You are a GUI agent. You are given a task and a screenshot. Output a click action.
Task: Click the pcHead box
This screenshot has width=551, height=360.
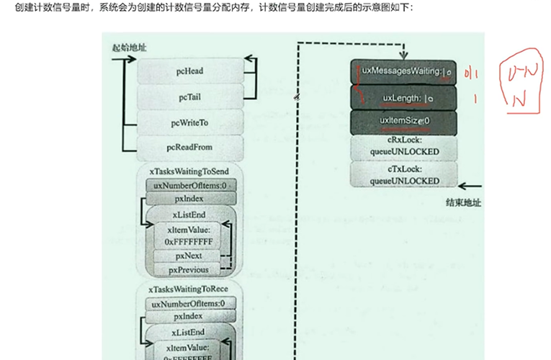point(189,71)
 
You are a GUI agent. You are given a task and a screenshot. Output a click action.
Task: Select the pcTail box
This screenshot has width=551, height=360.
point(189,96)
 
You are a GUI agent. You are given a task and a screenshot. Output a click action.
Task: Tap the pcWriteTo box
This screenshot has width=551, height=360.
point(189,122)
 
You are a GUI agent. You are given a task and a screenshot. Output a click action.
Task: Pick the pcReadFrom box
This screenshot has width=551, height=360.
point(189,147)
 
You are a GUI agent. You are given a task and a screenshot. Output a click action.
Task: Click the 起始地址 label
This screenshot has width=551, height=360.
point(129,48)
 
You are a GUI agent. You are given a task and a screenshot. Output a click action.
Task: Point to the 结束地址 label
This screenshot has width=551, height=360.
point(463,202)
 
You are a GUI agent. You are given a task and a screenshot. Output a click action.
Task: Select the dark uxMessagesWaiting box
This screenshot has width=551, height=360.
point(403,72)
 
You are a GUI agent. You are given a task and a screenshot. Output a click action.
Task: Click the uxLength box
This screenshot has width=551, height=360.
point(403,97)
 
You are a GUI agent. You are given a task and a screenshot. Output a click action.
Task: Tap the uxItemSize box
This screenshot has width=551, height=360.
point(403,122)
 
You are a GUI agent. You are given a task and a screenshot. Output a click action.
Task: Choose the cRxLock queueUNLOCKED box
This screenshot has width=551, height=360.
point(403,147)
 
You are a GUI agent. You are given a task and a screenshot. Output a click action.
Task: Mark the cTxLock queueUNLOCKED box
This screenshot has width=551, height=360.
point(403,174)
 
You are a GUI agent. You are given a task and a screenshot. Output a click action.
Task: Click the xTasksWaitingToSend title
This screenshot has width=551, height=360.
point(189,172)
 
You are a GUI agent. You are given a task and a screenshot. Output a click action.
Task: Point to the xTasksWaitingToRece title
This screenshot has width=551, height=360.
point(189,289)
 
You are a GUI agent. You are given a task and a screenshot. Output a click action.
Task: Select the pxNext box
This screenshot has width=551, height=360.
point(189,256)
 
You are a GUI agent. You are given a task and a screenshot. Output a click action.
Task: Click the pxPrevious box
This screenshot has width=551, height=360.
point(189,270)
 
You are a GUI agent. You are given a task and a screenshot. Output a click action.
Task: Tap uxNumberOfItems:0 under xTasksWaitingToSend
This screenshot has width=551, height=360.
point(190,185)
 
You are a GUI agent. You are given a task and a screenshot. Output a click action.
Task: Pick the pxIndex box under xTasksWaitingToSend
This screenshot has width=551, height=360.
point(189,198)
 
